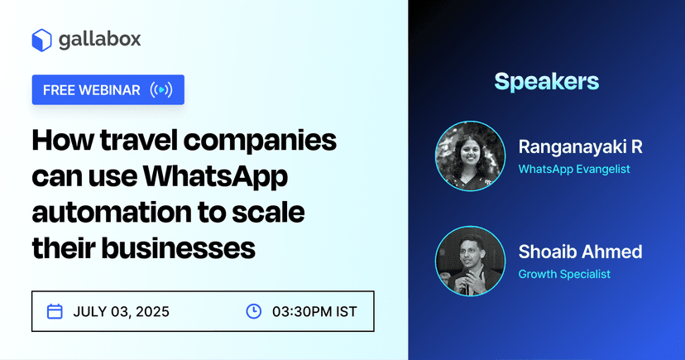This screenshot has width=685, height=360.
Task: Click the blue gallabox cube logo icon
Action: click(42, 40)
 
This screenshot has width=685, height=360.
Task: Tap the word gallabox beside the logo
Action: click(99, 40)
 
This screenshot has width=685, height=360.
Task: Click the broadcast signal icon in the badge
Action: click(161, 90)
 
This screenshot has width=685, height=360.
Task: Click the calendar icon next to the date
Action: click(55, 311)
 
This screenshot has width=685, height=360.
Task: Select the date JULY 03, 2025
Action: click(121, 312)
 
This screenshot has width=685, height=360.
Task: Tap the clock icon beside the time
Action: click(254, 311)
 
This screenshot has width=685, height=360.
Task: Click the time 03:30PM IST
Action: click(314, 312)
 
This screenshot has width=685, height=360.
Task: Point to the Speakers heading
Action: click(546, 81)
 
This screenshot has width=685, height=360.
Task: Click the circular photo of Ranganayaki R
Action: click(469, 157)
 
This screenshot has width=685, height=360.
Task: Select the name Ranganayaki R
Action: click(580, 147)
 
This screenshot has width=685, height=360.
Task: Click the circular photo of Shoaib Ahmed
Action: click(469, 262)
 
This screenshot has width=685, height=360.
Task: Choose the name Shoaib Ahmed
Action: click(580, 252)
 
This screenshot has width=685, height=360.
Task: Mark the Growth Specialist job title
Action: click(564, 274)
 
